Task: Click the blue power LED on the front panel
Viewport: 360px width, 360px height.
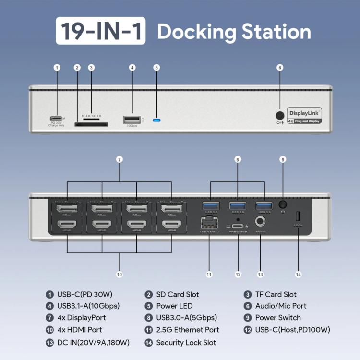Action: (x=156, y=120)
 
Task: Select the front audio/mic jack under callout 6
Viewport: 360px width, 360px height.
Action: (x=280, y=115)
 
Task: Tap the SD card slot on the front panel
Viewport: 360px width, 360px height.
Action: (x=91, y=124)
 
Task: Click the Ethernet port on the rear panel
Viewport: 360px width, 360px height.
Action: (x=209, y=223)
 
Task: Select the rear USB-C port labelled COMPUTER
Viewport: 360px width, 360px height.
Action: (x=238, y=227)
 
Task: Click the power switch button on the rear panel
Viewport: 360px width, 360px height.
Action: (x=283, y=204)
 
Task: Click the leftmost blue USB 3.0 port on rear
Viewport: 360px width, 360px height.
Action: (x=211, y=206)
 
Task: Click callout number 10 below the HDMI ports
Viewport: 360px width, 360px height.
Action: (x=119, y=275)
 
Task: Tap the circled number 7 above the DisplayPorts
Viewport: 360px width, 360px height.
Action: (x=119, y=159)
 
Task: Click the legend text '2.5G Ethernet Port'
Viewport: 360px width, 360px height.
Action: (x=188, y=330)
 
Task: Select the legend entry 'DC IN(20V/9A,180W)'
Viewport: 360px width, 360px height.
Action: (x=93, y=342)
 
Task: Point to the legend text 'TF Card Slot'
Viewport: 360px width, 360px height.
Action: (x=276, y=294)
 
